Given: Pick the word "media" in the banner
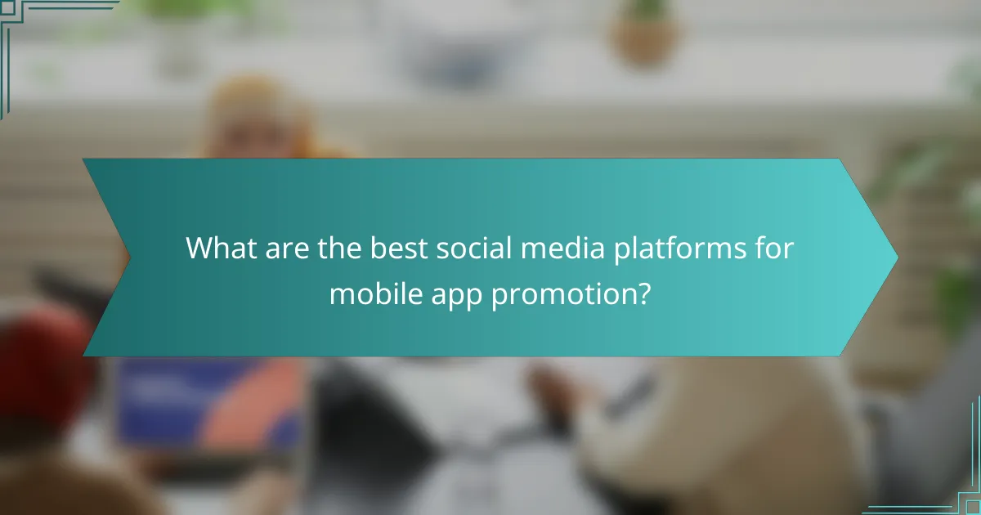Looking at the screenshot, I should point(557,249).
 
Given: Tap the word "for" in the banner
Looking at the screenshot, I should point(773,249).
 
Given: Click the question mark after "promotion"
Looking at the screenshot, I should point(643,293).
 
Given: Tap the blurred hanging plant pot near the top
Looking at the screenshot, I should point(646,37).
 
